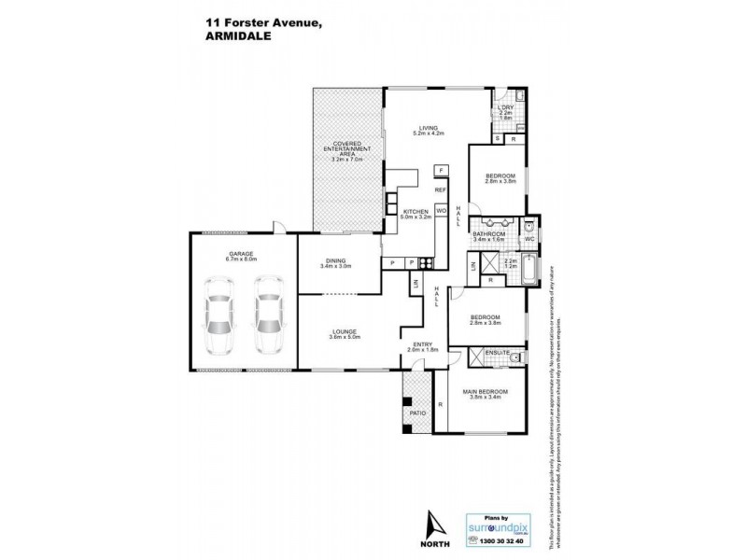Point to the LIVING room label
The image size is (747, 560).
[x=429, y=129]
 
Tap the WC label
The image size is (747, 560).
[x=529, y=238]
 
